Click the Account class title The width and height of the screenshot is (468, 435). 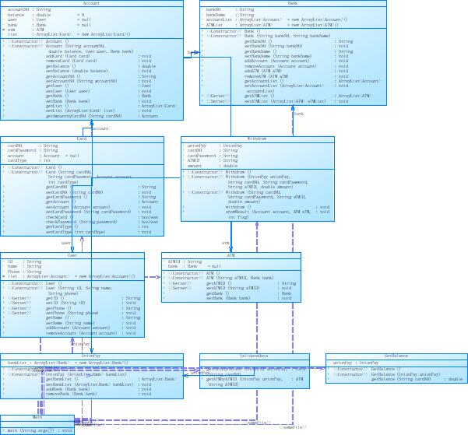91,3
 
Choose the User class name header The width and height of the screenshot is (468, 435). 72,254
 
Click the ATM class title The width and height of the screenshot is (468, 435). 230,254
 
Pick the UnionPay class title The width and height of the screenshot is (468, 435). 91,356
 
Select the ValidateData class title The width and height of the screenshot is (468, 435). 255,356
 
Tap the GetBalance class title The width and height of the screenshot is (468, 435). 396,356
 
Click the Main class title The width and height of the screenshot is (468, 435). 37,418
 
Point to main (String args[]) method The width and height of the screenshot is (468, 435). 39,430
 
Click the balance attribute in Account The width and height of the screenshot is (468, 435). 17,14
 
